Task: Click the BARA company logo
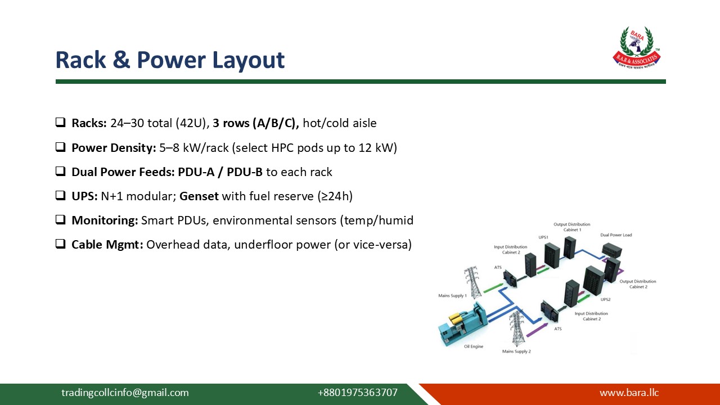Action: pos(636,47)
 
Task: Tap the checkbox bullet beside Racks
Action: pos(60,123)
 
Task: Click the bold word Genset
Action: pos(199,196)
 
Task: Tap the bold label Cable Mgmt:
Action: pos(107,245)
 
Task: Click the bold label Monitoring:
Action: pos(105,220)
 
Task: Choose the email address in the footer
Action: pos(125,393)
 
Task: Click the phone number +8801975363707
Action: pos(357,393)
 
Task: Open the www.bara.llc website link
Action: pos(629,393)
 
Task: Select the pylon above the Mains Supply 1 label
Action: pos(473,282)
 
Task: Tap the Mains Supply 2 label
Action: pos(516,352)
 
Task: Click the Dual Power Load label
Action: pos(616,235)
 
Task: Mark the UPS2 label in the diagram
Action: pos(605,299)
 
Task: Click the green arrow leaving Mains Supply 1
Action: pos(493,287)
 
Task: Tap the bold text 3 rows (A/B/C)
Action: pos(255,123)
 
